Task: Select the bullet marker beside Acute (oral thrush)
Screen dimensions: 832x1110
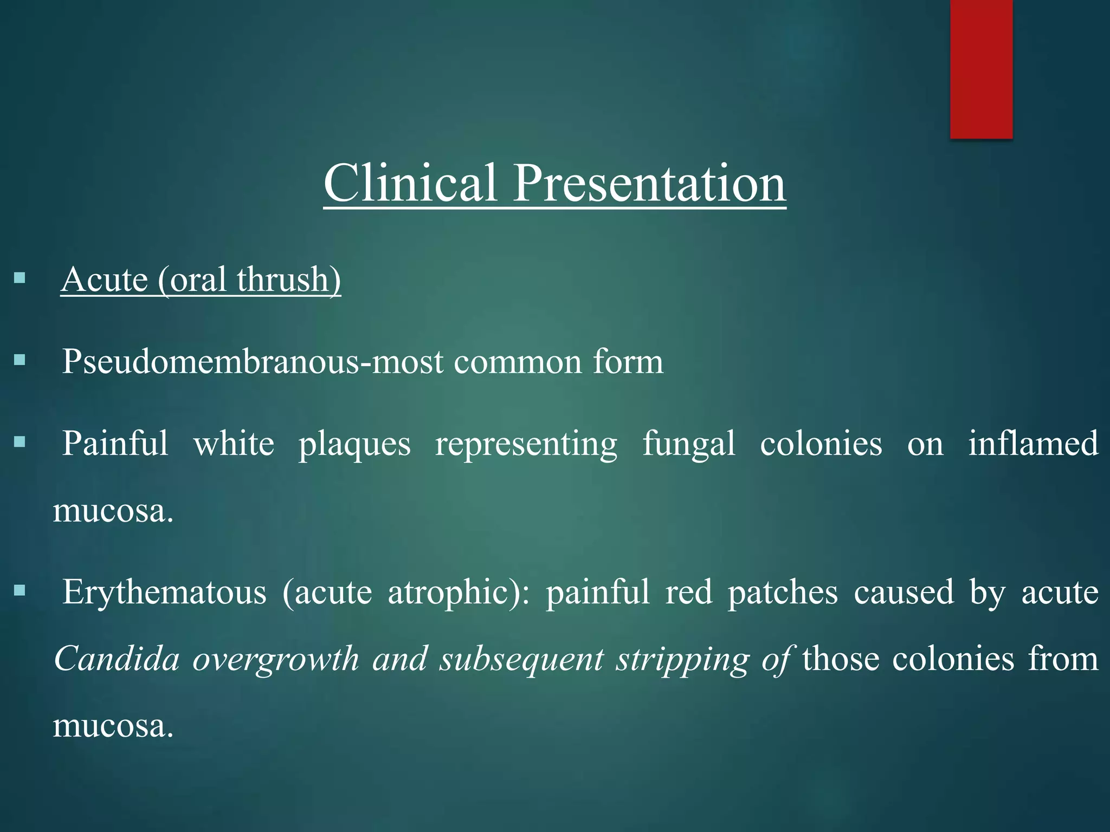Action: coord(20,278)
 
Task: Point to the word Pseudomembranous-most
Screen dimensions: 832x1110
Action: coord(253,362)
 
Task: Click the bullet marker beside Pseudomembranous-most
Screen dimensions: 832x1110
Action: coord(20,360)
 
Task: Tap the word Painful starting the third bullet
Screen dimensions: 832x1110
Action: coord(115,444)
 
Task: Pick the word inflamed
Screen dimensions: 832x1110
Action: coord(1033,444)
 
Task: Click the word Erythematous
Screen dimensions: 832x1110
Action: coord(164,591)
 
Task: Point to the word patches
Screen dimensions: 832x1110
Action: coord(783,591)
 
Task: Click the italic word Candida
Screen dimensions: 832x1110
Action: coord(117,659)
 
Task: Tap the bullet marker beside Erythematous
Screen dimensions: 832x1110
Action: coord(20,590)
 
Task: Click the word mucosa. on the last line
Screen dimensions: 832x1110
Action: coord(113,727)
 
